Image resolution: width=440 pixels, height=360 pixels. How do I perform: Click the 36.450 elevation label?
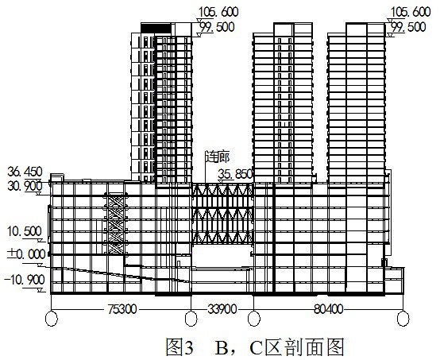tap(25, 172)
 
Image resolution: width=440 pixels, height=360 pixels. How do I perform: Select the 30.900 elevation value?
tap(25, 186)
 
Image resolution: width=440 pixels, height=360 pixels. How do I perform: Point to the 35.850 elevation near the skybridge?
tap(235, 174)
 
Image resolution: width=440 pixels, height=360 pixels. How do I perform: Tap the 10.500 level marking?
tap(25, 232)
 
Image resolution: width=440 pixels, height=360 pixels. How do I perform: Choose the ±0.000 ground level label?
tap(26, 254)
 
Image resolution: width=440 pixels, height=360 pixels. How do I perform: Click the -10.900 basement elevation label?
tap(25, 280)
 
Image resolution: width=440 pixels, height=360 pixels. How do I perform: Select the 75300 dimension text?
tap(122, 309)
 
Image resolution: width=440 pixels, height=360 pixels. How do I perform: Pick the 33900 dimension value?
tap(222, 309)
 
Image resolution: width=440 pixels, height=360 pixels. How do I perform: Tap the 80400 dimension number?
tap(328, 309)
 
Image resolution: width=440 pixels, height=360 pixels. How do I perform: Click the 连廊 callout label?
tap(218, 157)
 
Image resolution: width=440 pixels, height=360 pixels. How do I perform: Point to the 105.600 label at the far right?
tap(411, 12)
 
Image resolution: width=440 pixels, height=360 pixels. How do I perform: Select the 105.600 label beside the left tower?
tap(218, 12)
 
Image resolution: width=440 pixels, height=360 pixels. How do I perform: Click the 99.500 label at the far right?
tap(408, 27)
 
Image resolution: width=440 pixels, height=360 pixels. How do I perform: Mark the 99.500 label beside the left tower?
tap(217, 27)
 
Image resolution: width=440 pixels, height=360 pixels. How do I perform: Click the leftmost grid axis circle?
tap(52, 319)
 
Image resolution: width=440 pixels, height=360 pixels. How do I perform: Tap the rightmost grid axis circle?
tap(403, 319)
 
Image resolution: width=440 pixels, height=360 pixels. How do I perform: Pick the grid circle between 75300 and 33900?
tap(191, 319)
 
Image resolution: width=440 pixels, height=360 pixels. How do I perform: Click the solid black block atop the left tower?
tap(156, 29)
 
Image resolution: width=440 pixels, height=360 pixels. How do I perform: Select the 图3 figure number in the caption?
tap(179, 347)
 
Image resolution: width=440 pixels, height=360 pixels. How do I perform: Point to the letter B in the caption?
tap(222, 347)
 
